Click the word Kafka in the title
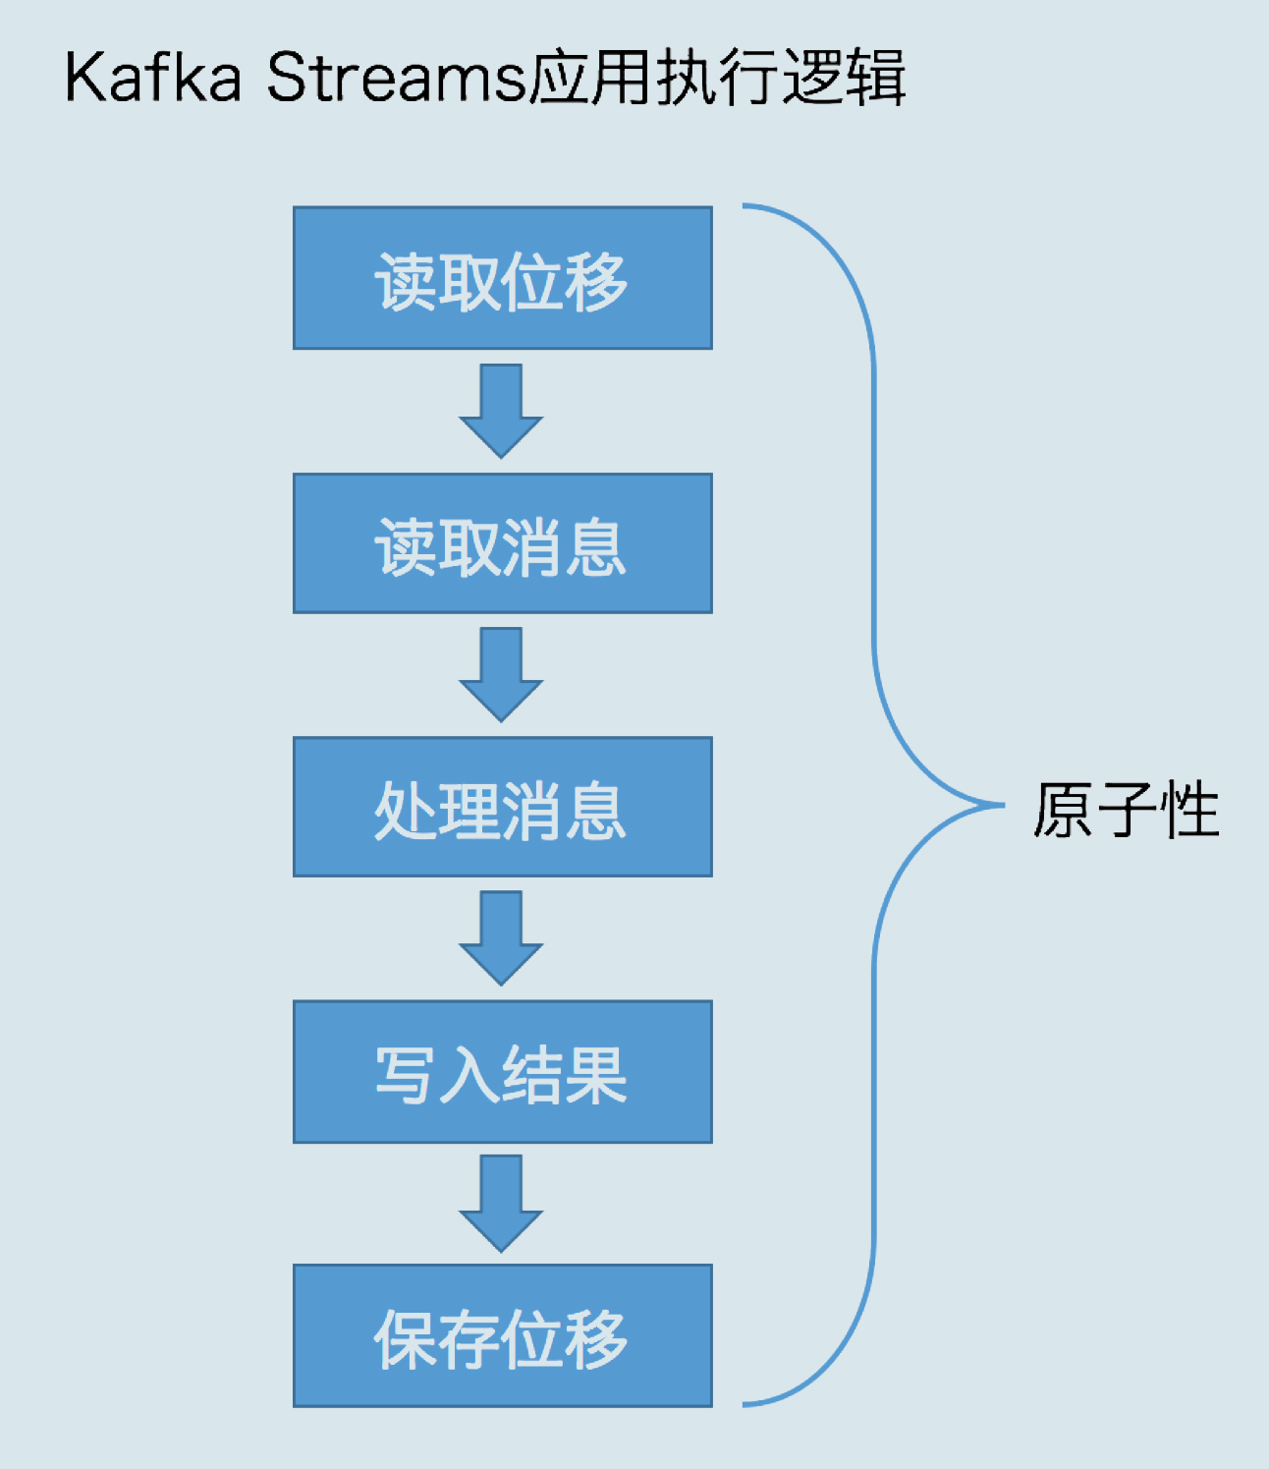153,78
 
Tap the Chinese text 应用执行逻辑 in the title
717,78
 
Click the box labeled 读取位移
502,278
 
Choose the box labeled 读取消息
502,544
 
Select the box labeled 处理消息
502,808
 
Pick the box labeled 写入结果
502,1072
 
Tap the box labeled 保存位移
502,1336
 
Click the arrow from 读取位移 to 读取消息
501,410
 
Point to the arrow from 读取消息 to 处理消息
501,674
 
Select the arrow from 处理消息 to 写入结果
501,937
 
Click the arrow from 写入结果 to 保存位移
501,1202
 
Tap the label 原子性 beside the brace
1126,811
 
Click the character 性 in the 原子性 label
1189,811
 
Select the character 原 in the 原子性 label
1063,811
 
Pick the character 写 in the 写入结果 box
405,1074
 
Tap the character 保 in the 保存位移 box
405,1338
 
